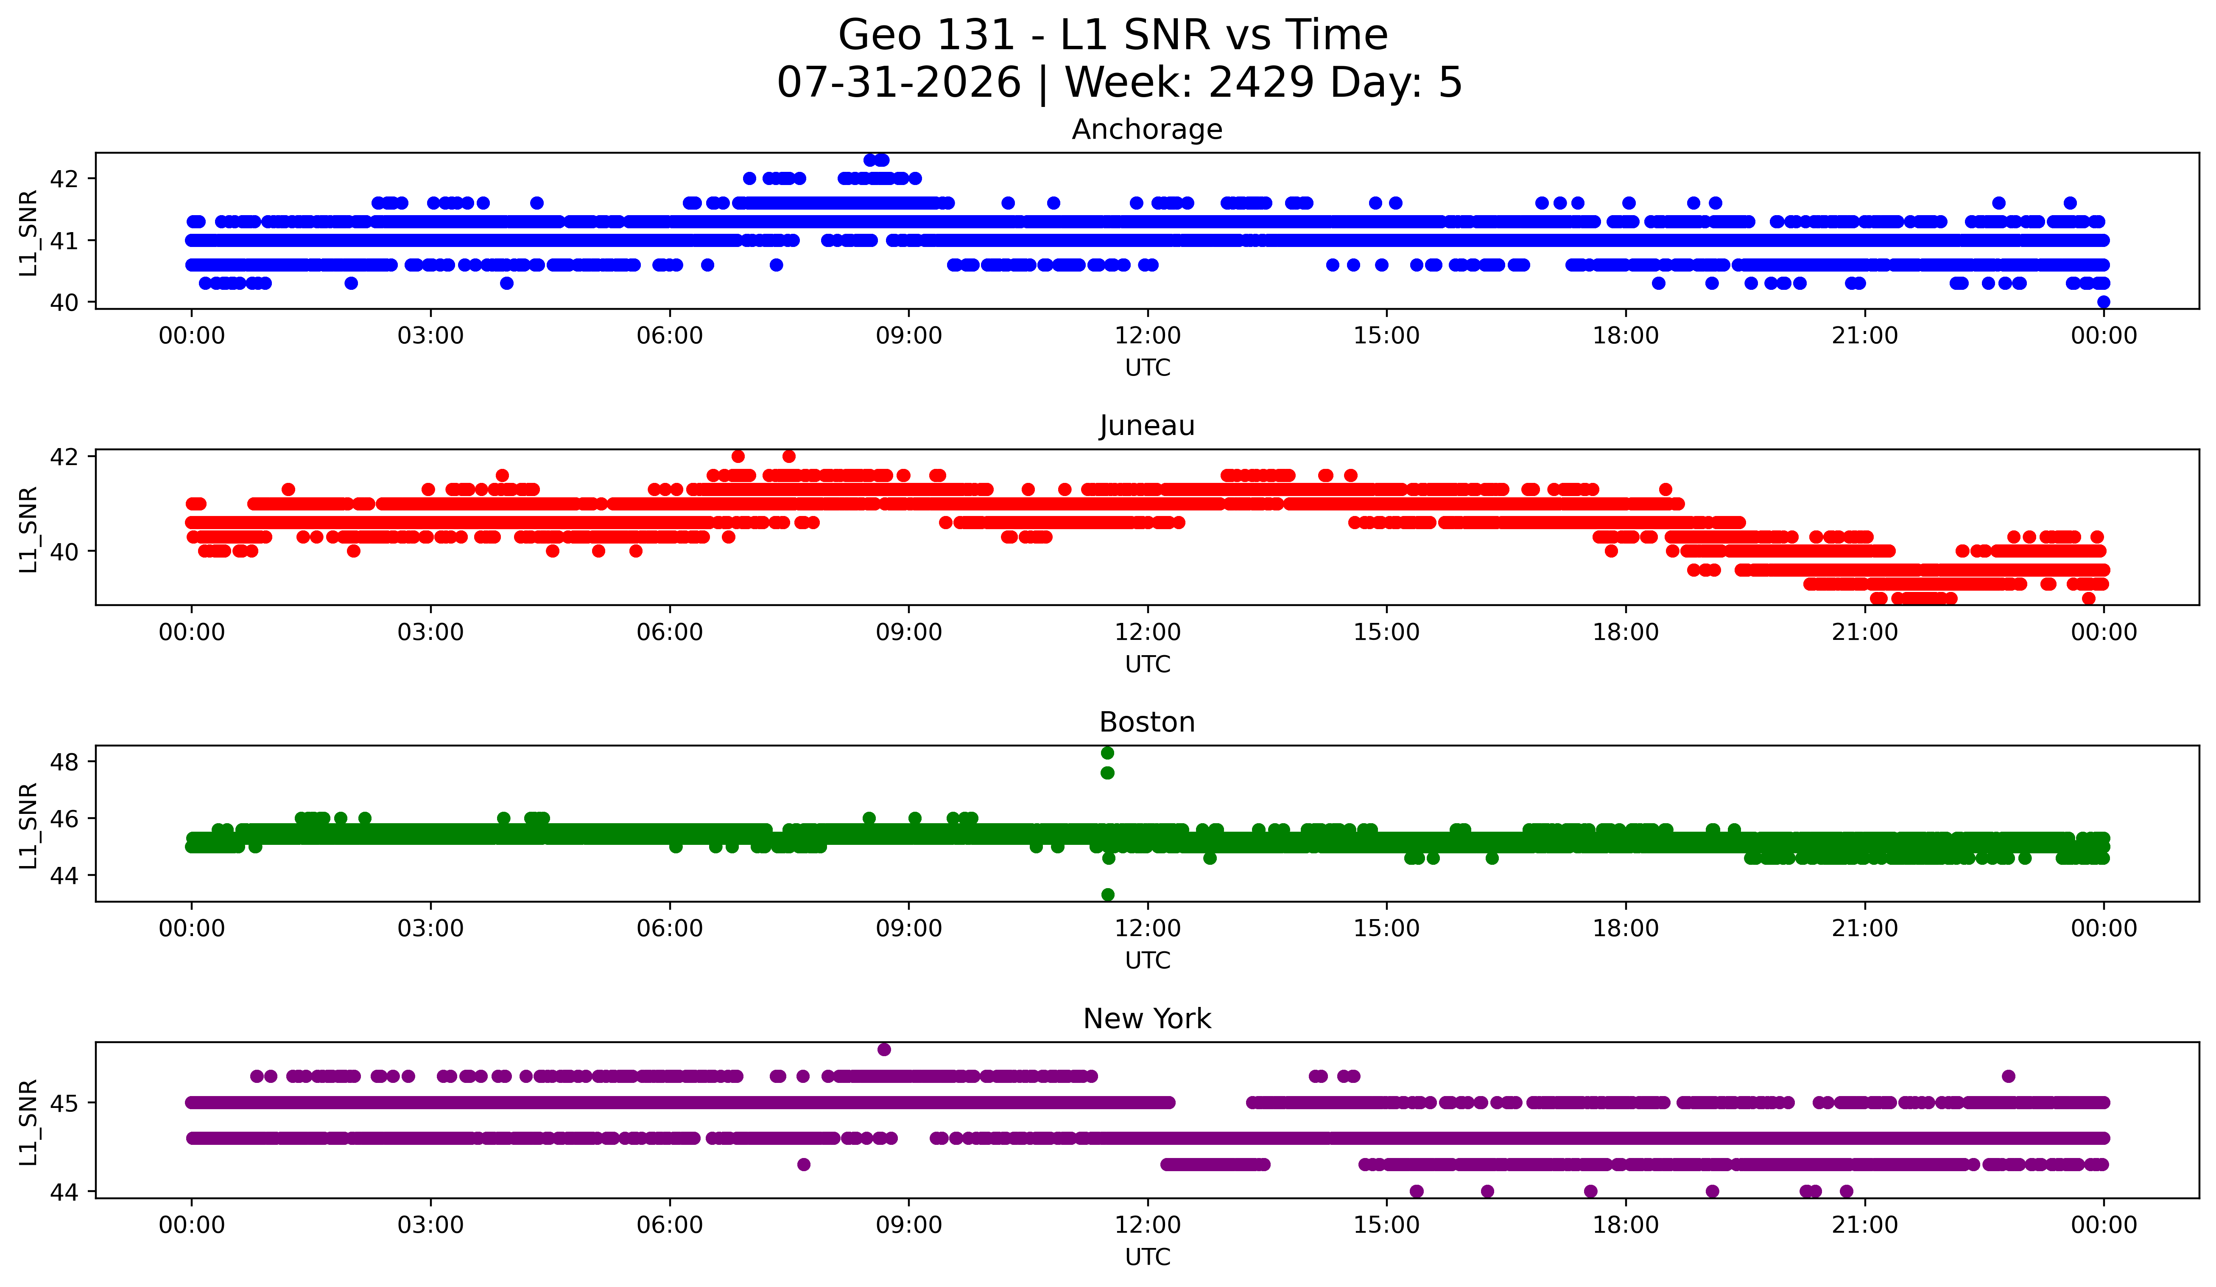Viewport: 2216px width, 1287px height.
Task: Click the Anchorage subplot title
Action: coord(1147,129)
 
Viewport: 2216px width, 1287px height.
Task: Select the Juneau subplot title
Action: coord(1147,426)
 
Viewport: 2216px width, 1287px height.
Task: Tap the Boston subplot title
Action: coord(1147,722)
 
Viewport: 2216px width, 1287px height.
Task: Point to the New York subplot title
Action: coord(1147,1019)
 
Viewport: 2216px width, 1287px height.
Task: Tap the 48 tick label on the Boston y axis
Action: coord(64,762)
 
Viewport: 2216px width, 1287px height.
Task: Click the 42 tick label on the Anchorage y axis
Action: coord(64,179)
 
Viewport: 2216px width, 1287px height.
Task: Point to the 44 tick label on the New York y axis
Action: coord(64,1192)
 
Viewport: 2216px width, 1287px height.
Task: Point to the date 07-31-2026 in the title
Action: coord(899,83)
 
